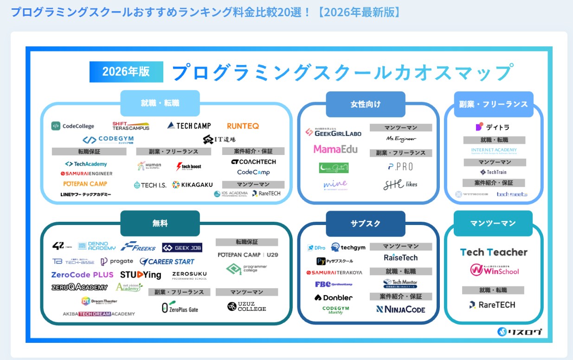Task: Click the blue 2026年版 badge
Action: click(x=126, y=71)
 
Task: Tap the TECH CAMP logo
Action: click(x=189, y=126)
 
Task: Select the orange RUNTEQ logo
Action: click(x=243, y=126)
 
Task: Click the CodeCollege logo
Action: click(x=73, y=126)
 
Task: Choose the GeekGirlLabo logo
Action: click(x=333, y=132)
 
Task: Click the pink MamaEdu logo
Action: click(x=335, y=149)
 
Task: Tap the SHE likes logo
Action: click(x=400, y=185)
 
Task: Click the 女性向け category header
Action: click(x=366, y=104)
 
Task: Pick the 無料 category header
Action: click(x=160, y=223)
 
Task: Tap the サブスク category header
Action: click(x=366, y=223)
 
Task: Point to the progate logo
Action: click(x=117, y=262)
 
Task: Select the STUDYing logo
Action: click(x=141, y=275)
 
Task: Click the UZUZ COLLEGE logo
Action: click(x=247, y=306)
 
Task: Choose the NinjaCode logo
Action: click(x=400, y=309)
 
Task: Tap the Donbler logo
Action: click(x=334, y=297)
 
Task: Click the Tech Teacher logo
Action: click(x=494, y=252)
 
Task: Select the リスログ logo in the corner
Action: click(x=520, y=332)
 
